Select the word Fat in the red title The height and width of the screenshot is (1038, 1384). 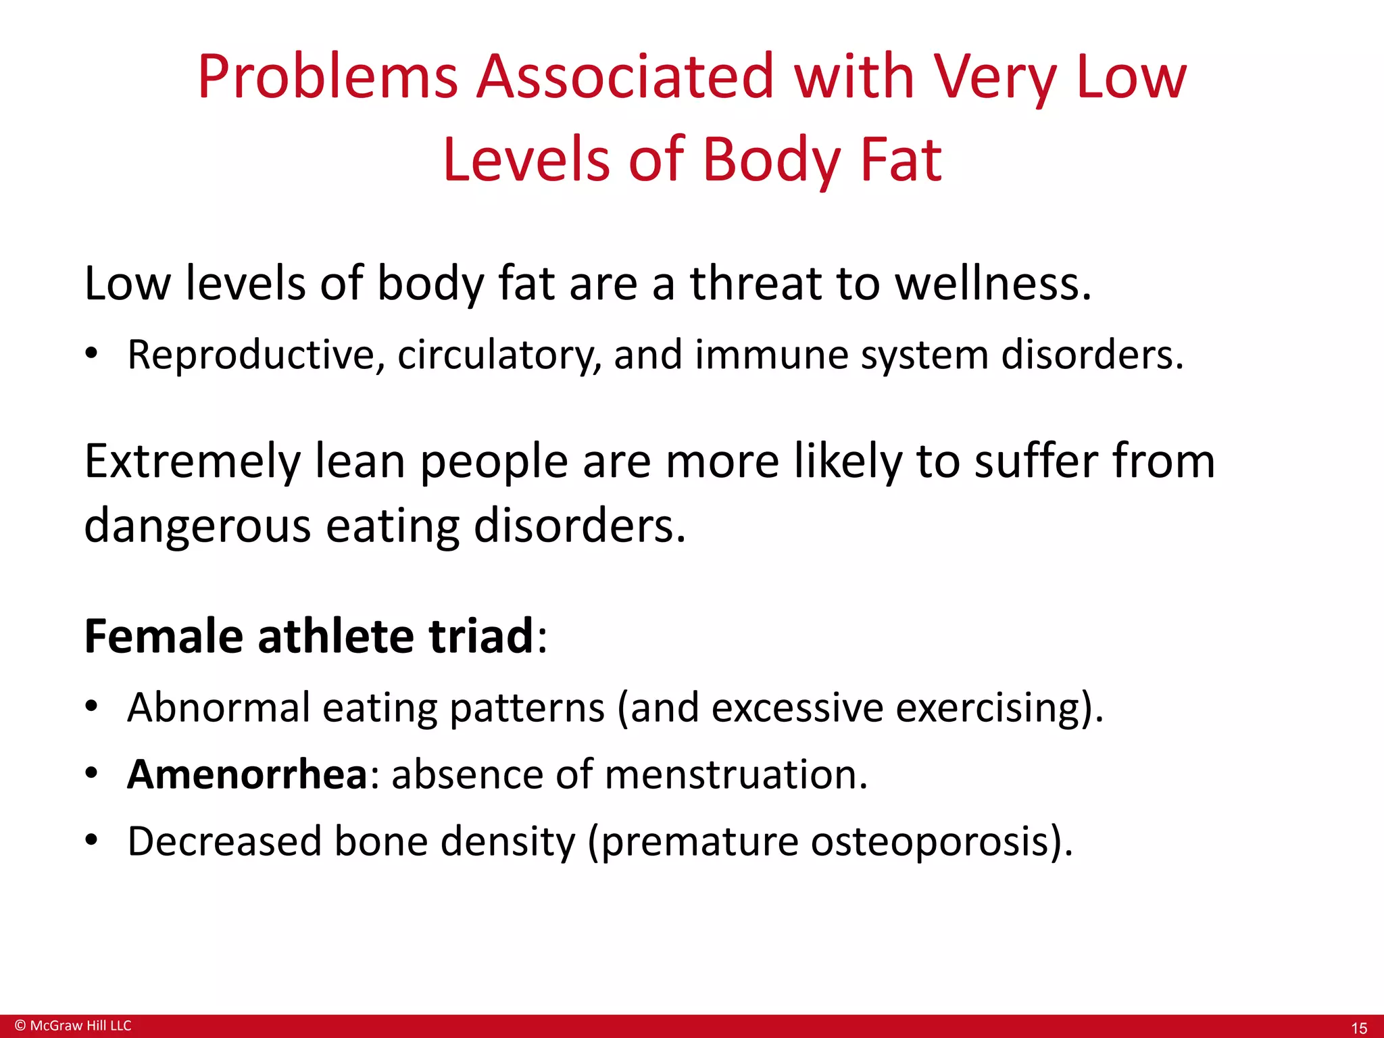tap(900, 160)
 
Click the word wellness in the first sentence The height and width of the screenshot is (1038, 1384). tap(992, 283)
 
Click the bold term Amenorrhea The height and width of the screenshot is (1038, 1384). tap(247, 774)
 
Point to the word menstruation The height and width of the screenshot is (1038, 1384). tap(736, 774)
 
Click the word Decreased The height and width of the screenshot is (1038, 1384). tap(224, 842)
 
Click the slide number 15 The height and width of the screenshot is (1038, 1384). tap(1358, 1028)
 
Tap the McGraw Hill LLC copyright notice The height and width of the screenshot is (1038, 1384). tap(73, 1025)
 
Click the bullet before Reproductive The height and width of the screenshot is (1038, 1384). tap(92, 355)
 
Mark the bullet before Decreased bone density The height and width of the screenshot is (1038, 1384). tap(92, 841)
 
